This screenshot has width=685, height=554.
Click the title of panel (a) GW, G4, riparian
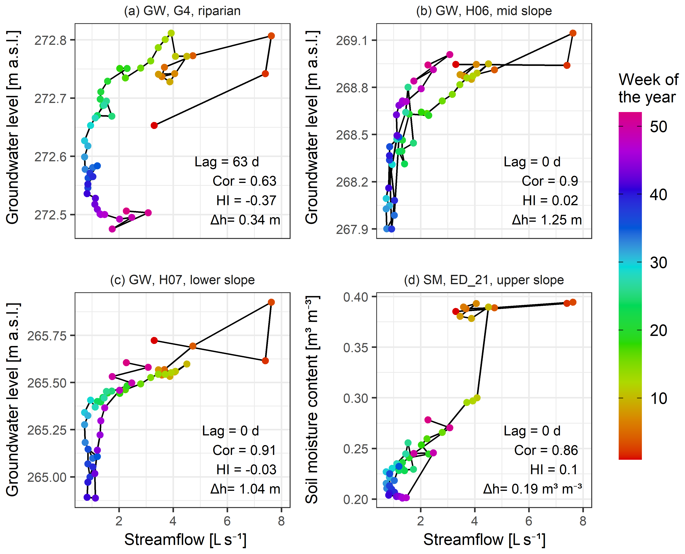tap(182, 11)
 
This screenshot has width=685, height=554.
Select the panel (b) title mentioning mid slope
tap(484, 11)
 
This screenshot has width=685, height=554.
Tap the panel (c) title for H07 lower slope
tap(182, 280)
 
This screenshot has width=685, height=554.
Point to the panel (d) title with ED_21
tap(484, 280)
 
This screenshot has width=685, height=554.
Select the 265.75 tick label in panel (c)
tap(47, 336)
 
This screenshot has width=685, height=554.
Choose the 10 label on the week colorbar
tap(658, 399)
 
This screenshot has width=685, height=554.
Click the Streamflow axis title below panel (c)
tap(185, 540)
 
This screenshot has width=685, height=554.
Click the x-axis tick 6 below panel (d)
tap(529, 521)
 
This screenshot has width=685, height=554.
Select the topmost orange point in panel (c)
tap(271, 302)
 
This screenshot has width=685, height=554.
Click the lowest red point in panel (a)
tap(154, 125)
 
